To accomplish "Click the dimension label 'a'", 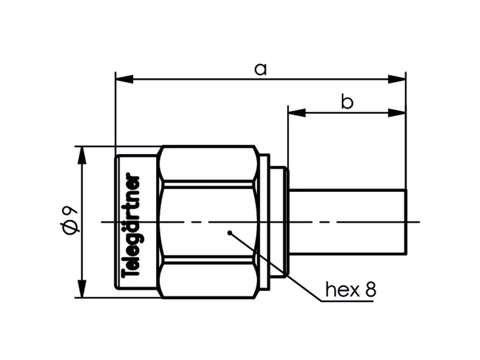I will pyautogui.click(x=260, y=70).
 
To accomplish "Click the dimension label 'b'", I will pyautogui.click(x=347, y=103).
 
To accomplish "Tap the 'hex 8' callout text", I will pyautogui.click(x=350, y=290).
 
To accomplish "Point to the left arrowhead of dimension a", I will pyautogui.click(x=124, y=79).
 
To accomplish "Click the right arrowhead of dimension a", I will pyautogui.click(x=397, y=79).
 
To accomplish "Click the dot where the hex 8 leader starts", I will pyautogui.click(x=229, y=232).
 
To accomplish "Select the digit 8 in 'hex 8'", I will pyautogui.click(x=370, y=290).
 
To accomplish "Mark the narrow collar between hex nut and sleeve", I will pyautogui.click(x=278, y=222).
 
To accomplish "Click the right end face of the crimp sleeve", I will pyautogui.click(x=407, y=222).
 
